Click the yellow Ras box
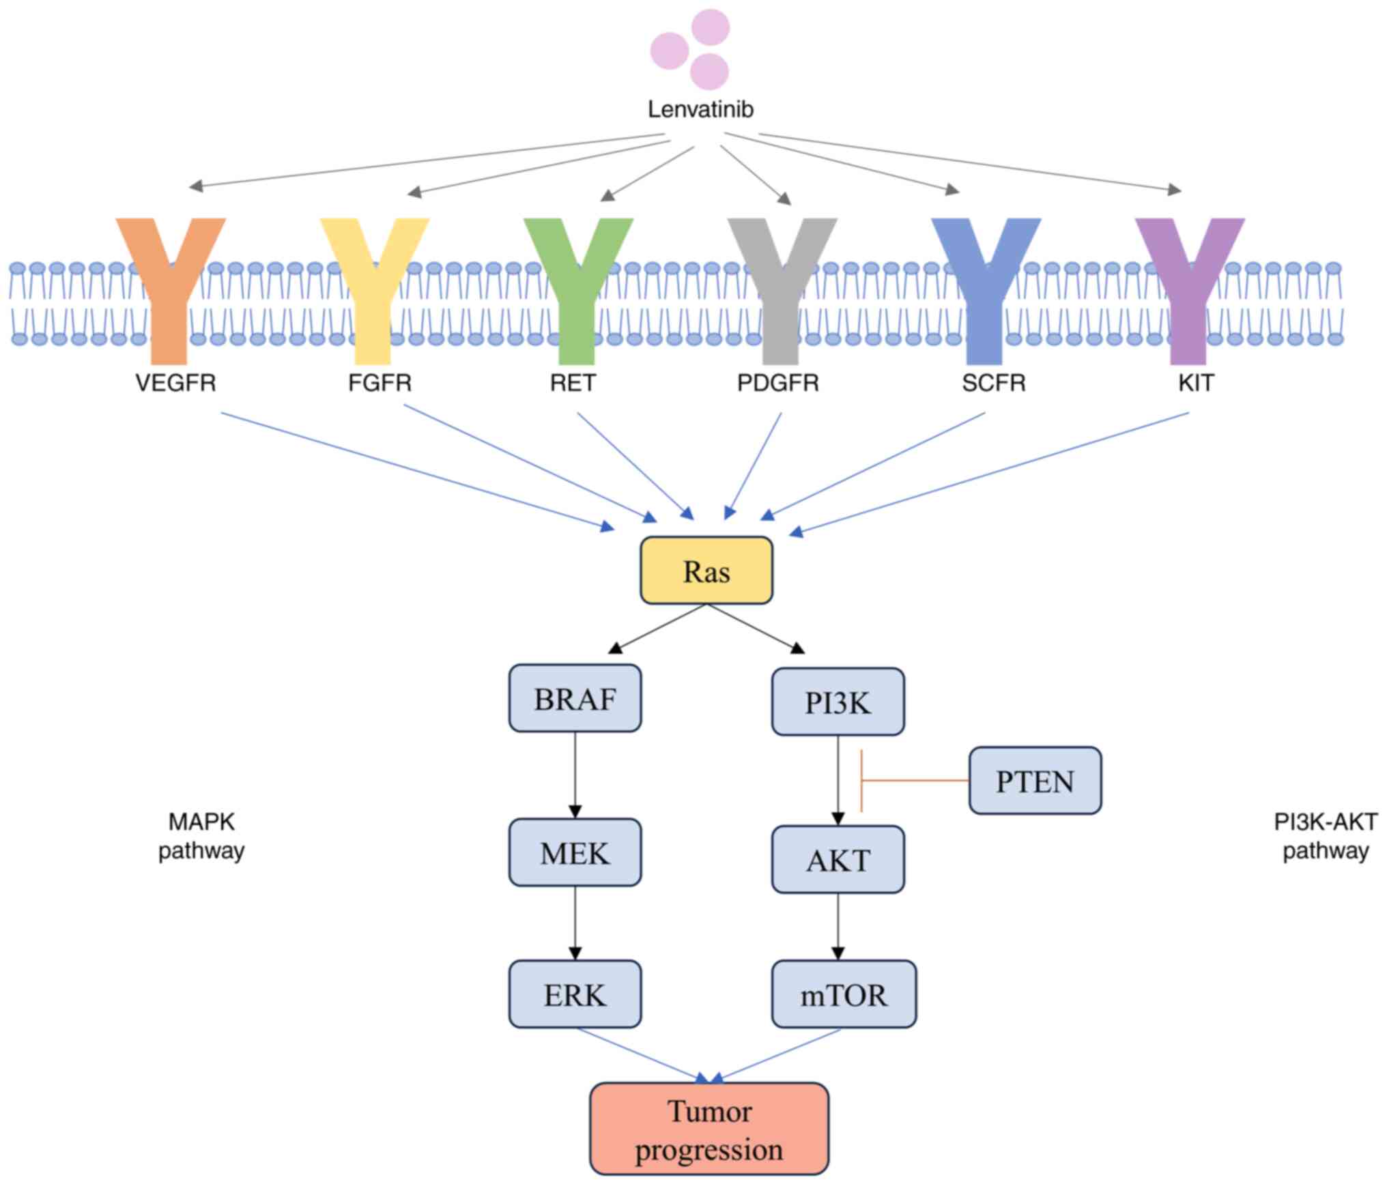point(706,571)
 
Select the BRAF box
point(575,698)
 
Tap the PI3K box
point(838,702)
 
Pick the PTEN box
point(1035,781)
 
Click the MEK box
point(575,852)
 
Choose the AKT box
point(838,859)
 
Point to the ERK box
point(575,994)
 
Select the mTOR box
point(844,994)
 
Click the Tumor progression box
point(709,1129)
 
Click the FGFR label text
point(380,383)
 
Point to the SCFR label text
point(993,383)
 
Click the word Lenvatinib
point(700,109)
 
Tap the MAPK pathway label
point(201,836)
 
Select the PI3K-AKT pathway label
point(1325,836)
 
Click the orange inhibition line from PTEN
point(915,780)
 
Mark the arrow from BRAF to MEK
point(575,775)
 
